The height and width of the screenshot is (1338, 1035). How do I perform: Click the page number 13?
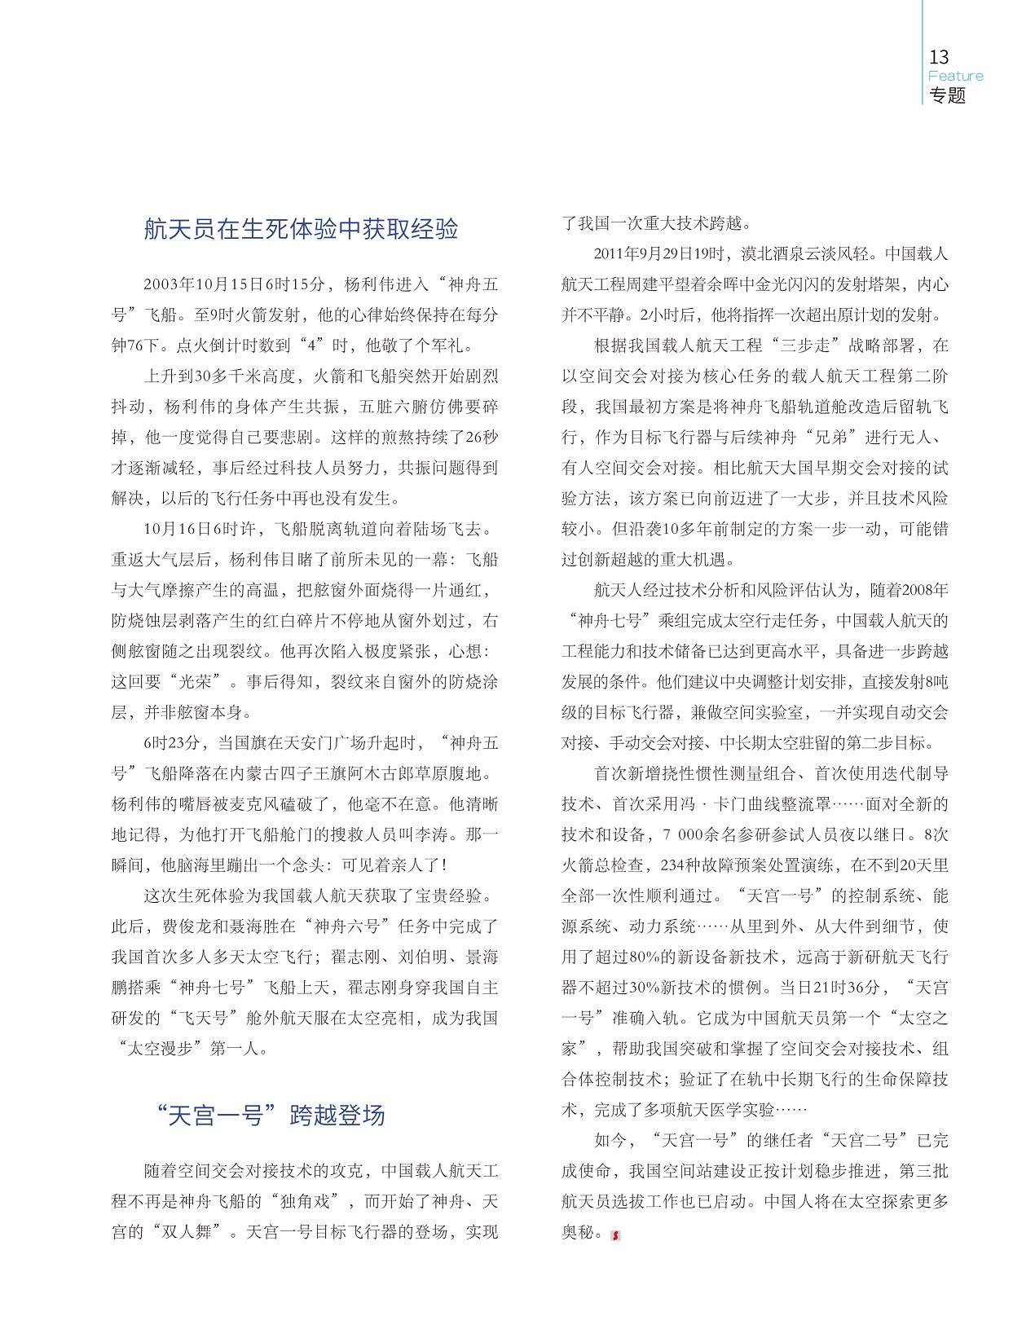(939, 57)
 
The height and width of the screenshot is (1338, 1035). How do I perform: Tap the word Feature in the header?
(955, 76)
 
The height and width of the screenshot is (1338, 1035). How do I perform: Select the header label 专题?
(947, 95)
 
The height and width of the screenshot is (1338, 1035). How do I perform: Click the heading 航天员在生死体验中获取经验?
(301, 229)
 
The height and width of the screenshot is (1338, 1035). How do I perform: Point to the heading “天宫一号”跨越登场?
(270, 1115)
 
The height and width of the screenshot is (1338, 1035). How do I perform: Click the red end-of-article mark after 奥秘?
(616, 1235)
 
